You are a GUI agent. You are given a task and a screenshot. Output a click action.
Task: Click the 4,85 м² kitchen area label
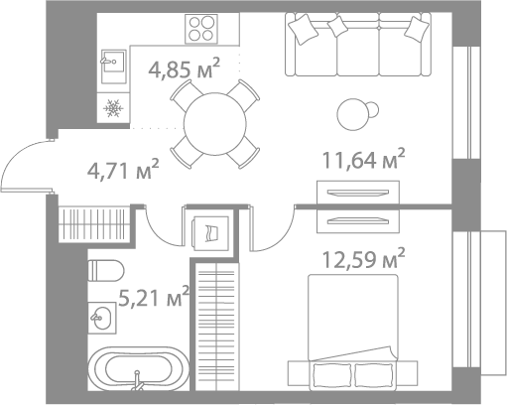pos(184,68)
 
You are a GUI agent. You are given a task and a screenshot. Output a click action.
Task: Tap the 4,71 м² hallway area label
pos(123,169)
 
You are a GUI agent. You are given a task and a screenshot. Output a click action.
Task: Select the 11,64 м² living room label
pos(363,159)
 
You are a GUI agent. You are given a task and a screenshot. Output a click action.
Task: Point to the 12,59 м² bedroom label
pos(363,258)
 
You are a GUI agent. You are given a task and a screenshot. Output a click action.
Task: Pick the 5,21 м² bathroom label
pos(154,296)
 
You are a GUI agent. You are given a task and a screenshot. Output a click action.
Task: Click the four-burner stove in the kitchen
pos(201,29)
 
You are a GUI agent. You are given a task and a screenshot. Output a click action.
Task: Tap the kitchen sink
pos(113,67)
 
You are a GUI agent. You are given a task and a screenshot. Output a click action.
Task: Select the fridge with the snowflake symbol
pos(113,108)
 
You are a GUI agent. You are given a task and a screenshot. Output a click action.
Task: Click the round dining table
pos(215,124)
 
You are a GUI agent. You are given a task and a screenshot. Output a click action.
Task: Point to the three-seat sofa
pos(358,45)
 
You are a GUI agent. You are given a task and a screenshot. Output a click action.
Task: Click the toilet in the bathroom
pos(106,270)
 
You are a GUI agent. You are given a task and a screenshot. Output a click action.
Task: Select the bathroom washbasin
pos(102,318)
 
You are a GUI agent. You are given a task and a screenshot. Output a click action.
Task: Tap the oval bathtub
pos(139,368)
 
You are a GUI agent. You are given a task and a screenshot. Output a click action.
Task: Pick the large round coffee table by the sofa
pos(353,115)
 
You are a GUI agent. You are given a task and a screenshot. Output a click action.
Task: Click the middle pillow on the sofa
pos(337,27)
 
